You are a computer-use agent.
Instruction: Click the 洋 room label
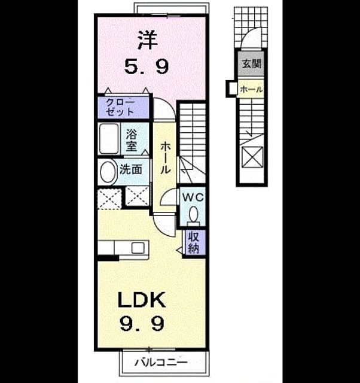[148, 40]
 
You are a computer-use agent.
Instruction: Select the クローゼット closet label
[120, 108]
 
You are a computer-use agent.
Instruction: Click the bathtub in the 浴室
[109, 139]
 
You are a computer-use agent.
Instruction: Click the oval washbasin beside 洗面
[108, 172]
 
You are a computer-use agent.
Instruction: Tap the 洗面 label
[131, 169]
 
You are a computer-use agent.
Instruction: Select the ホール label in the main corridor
[165, 158]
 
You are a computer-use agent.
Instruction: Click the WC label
[193, 197]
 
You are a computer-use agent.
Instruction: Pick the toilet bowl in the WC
[194, 214]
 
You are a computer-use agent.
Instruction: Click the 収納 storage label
[193, 242]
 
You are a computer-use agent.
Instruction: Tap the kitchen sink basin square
[138, 248]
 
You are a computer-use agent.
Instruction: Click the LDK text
[142, 300]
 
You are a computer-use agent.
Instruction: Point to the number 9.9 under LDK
[142, 323]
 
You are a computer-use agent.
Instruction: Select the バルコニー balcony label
[161, 362]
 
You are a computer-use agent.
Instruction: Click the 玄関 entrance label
[252, 63]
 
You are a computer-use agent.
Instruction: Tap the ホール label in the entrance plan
[251, 89]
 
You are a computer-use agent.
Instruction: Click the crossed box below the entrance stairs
[252, 157]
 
